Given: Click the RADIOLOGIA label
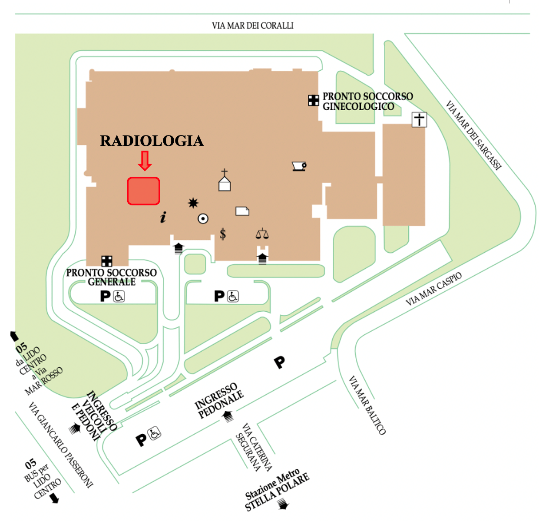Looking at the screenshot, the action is click(152, 140).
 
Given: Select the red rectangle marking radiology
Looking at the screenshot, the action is click(143, 191).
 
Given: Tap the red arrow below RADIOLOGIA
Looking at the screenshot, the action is click(145, 161).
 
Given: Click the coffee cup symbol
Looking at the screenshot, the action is click(299, 166).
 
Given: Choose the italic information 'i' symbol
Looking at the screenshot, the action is click(163, 217).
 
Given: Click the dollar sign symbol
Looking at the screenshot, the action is click(222, 234).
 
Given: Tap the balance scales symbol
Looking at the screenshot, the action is click(262, 234).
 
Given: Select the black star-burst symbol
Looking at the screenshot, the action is click(193, 203).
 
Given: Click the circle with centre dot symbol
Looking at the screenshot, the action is click(203, 219).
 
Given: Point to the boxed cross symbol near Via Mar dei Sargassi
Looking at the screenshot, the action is click(419, 119).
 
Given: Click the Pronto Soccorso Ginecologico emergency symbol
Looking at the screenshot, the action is click(313, 101).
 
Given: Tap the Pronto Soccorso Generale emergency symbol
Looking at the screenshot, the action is click(107, 261).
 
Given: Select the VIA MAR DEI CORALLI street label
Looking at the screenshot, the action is click(252, 26).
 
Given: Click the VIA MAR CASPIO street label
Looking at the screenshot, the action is click(433, 289).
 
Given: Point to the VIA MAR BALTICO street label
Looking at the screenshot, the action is click(367, 405).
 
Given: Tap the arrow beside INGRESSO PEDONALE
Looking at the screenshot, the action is click(228, 416).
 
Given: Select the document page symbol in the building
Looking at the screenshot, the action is click(242, 211).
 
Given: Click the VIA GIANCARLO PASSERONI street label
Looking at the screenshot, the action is click(61, 445).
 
